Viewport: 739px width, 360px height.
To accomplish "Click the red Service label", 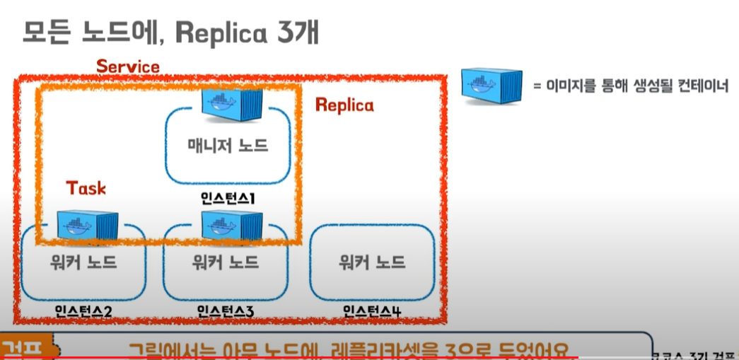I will (x=128, y=66).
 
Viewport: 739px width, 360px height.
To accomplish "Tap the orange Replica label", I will (x=344, y=105).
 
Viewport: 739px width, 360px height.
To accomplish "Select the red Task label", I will (x=86, y=187).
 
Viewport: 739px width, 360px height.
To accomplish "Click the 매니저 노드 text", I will (x=228, y=146).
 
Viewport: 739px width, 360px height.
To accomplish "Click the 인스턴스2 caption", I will (x=83, y=310).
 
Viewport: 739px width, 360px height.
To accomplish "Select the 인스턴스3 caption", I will (x=226, y=310).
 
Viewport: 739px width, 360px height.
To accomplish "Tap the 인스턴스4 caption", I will (x=371, y=310).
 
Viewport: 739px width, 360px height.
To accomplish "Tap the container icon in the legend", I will (x=491, y=84).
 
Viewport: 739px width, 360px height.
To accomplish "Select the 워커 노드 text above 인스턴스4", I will (x=372, y=263).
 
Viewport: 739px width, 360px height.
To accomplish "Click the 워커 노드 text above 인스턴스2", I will (x=83, y=263).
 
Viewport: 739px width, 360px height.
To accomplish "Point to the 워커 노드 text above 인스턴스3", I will (x=226, y=263).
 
